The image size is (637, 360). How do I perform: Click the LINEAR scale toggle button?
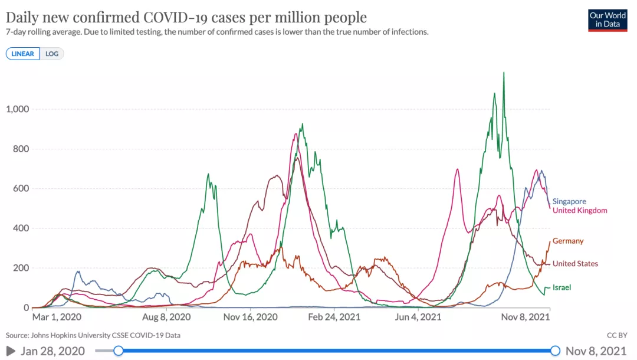point(23,54)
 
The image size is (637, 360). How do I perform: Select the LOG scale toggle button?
point(52,54)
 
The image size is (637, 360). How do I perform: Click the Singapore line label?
point(569,201)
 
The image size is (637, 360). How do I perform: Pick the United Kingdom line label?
point(580,211)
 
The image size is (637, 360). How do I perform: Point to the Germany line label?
point(568,241)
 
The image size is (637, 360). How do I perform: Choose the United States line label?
point(575,264)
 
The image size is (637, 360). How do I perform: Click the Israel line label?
point(562,287)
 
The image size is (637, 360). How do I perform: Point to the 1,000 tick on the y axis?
point(18,109)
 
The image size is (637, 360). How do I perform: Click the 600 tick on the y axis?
point(21,189)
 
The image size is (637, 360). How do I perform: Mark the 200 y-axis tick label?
point(21,268)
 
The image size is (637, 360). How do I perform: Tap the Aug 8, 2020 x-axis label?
point(168,317)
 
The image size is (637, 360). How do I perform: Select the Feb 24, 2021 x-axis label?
point(334,317)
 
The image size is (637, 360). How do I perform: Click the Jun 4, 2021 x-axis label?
point(418,317)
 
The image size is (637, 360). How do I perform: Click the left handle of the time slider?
point(119,351)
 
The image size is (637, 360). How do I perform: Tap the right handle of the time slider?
point(555,351)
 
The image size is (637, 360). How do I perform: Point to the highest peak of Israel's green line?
point(503,73)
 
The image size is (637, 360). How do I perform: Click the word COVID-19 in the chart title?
point(179,17)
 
